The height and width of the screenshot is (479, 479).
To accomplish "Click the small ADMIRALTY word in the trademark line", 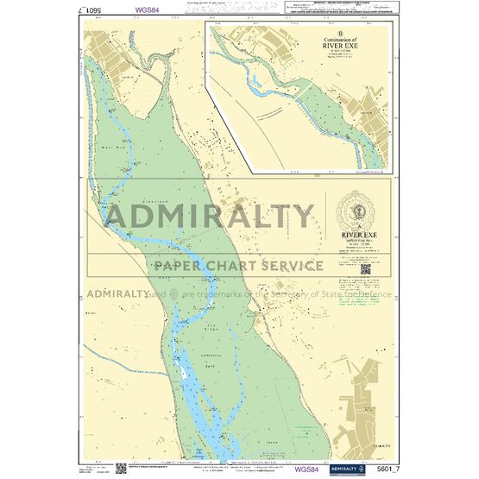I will (117, 293).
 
